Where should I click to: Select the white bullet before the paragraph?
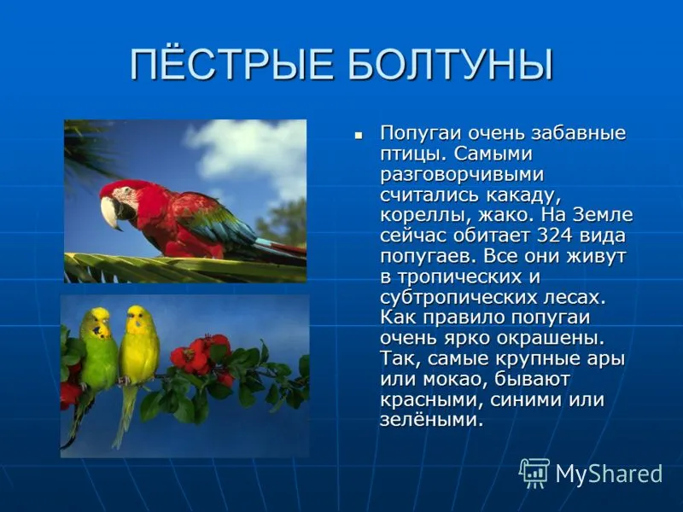pyautogui.click(x=359, y=136)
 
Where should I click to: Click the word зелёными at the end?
pyautogui.click(x=432, y=420)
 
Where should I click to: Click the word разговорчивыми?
pyautogui.click(x=462, y=175)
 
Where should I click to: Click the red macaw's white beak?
pyautogui.click(x=110, y=212)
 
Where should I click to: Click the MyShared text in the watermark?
pyautogui.click(x=609, y=474)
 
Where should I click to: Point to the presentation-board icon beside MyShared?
pyautogui.click(x=534, y=473)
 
